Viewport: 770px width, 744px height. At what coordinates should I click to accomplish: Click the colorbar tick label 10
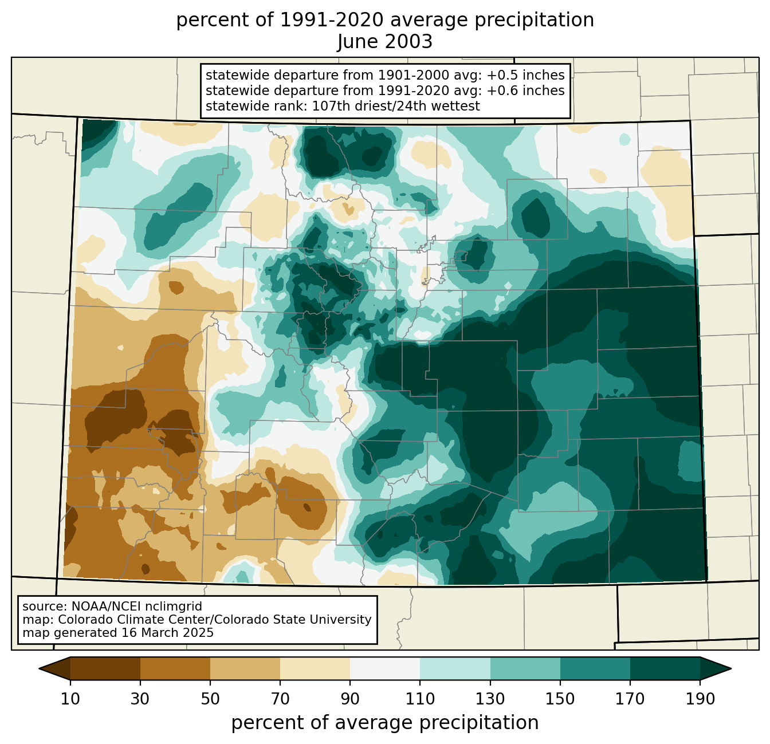pyautogui.click(x=70, y=699)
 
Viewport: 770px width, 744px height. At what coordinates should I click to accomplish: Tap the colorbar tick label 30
pyautogui.click(x=140, y=699)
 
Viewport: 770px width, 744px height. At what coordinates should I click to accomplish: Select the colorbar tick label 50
pyautogui.click(x=210, y=699)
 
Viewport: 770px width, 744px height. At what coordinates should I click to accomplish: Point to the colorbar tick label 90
pyautogui.click(x=350, y=699)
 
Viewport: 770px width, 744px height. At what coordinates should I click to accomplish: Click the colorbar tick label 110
pyautogui.click(x=420, y=699)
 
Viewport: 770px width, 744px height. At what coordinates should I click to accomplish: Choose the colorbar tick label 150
pyautogui.click(x=560, y=699)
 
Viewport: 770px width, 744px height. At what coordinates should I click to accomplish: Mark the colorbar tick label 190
pyautogui.click(x=700, y=699)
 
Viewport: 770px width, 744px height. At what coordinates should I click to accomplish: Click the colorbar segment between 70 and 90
pyautogui.click(x=315, y=668)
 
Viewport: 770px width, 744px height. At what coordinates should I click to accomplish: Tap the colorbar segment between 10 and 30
pyautogui.click(x=105, y=668)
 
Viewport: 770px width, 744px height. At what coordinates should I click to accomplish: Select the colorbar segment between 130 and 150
pyautogui.click(x=525, y=668)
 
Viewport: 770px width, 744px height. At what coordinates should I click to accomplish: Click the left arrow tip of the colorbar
pyautogui.click(x=39, y=668)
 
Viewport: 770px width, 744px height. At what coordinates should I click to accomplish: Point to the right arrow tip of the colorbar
pyautogui.click(x=731, y=668)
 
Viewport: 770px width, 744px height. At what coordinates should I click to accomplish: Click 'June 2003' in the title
pyautogui.click(x=384, y=41)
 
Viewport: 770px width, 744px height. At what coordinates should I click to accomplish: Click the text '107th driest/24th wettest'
pyautogui.click(x=396, y=106)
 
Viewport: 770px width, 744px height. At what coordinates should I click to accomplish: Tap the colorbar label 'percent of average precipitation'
pyautogui.click(x=384, y=723)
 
